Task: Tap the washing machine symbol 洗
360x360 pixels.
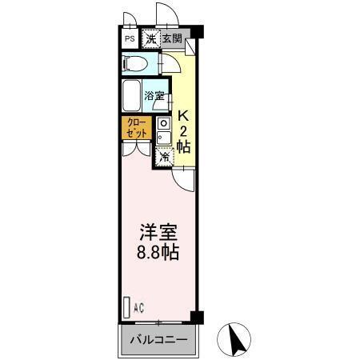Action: (150, 38)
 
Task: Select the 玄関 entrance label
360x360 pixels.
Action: (171, 38)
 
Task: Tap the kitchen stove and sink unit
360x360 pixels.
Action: (163, 131)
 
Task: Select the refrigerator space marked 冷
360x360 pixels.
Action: (165, 157)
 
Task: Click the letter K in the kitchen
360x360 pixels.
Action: (183, 114)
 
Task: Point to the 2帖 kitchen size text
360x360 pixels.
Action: (183, 138)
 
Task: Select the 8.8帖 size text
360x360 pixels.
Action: (156, 251)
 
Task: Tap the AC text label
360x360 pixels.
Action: (139, 307)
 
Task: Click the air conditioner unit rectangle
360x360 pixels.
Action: (126, 306)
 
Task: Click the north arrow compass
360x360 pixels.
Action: (238, 339)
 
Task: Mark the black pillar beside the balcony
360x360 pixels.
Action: (198, 318)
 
